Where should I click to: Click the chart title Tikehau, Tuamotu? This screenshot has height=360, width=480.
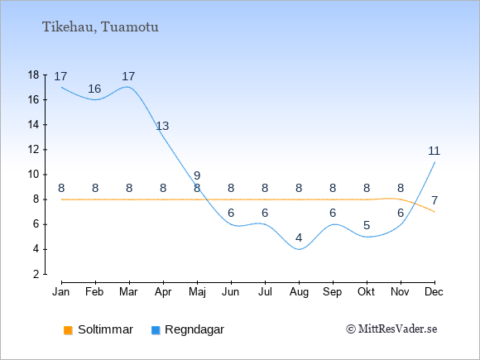click(x=100, y=27)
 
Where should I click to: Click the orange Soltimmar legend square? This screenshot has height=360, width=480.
click(x=68, y=330)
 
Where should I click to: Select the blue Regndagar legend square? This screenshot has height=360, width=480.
click(x=156, y=330)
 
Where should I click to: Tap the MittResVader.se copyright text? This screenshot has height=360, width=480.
click(x=391, y=329)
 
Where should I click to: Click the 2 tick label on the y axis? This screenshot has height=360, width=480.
click(x=36, y=274)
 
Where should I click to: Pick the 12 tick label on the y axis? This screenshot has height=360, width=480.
click(x=33, y=150)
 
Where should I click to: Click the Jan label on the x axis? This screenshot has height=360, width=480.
click(x=61, y=292)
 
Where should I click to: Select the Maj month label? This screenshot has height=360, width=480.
click(x=197, y=292)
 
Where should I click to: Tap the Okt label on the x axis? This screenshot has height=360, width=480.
click(x=366, y=292)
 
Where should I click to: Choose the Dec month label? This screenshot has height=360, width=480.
click(x=434, y=292)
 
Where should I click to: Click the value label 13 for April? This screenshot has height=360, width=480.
click(x=162, y=126)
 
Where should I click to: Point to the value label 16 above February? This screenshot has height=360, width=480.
click(x=94, y=89)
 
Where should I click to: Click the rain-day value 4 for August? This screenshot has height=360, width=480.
click(x=299, y=238)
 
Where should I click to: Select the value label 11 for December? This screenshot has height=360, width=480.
click(x=434, y=151)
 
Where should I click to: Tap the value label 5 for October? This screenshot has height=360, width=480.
click(x=367, y=226)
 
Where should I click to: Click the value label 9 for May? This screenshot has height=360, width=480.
click(x=197, y=175)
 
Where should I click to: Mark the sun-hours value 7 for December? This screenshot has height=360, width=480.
click(x=434, y=200)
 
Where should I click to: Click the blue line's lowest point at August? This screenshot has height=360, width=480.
click(x=299, y=249)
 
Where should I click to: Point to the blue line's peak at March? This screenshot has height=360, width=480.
click(x=127, y=87)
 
